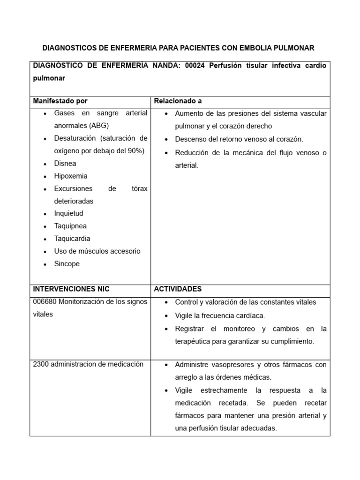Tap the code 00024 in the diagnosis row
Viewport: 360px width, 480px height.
pos(195,66)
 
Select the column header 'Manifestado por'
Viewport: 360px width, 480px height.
pos(60,101)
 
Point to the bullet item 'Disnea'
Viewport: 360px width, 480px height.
pos(65,164)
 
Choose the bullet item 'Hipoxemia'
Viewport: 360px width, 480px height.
pos(71,176)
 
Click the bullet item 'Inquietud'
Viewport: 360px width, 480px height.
pos(68,213)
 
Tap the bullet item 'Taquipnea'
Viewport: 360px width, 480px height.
pos(70,226)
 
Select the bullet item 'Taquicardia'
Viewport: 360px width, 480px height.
pos(72,239)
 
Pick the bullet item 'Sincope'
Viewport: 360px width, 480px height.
pos(67,264)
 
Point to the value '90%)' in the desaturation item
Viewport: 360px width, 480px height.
pos(137,151)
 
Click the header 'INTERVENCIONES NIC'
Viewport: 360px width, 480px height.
pos(71,289)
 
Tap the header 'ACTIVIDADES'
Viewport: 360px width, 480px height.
pos(178,289)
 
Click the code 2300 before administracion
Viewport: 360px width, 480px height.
pos(41,364)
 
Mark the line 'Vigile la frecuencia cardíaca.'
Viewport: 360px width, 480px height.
pos(220,315)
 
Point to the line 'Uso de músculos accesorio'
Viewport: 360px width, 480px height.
pos(97,251)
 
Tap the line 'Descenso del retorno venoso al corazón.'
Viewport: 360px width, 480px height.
pos(239,139)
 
